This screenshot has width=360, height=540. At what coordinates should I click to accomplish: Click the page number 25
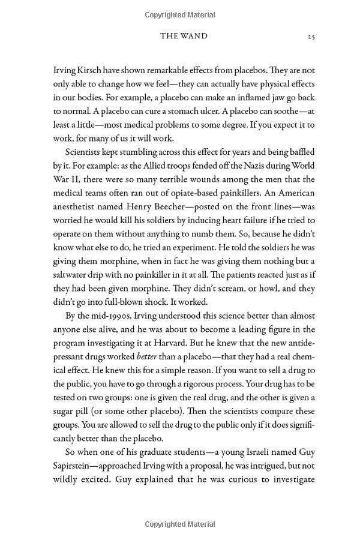click(311, 37)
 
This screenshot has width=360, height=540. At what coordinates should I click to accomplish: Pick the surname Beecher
click(167, 206)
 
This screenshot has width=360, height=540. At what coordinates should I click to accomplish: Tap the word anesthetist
click(76, 206)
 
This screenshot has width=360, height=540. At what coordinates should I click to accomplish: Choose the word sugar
click(67, 412)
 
